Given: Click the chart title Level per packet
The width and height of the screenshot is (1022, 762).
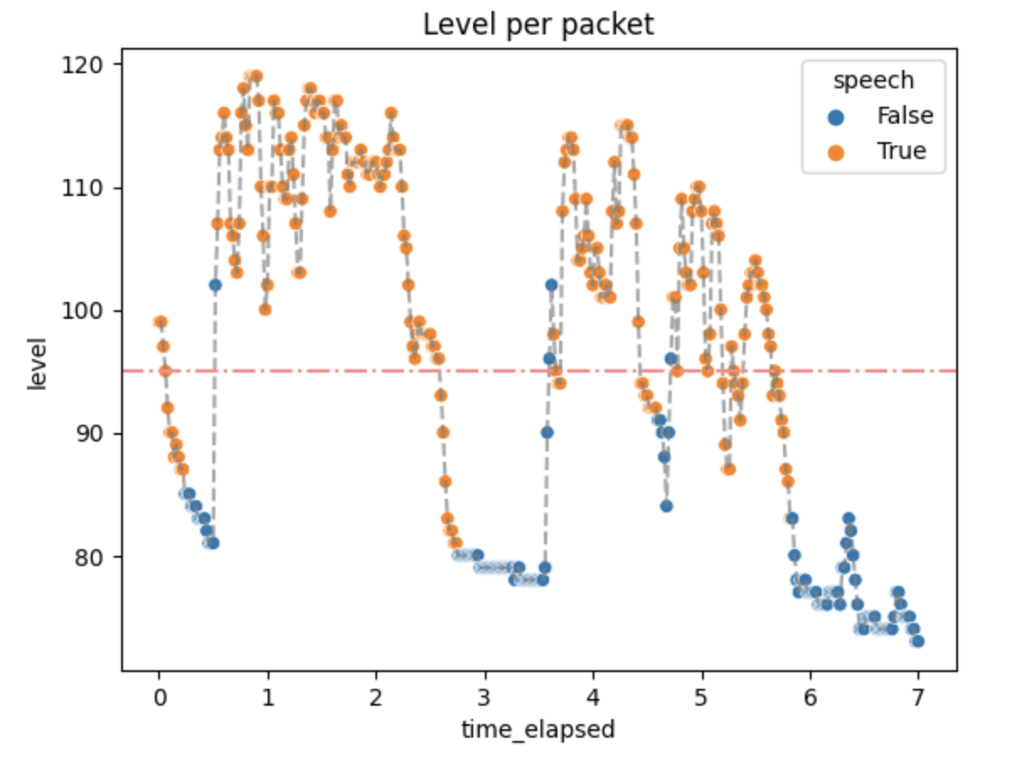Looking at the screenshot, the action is point(538,24).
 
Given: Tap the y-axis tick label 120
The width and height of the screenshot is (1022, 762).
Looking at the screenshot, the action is point(82,65).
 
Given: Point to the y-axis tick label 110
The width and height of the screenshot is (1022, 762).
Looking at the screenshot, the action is point(82,188).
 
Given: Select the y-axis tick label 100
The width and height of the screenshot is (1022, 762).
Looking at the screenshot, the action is point(82,310).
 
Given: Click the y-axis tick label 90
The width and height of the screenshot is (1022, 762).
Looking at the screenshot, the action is point(89,434).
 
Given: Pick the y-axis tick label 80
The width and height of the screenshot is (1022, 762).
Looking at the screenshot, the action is point(89,557).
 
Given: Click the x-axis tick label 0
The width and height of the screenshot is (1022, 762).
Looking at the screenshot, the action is point(160,698).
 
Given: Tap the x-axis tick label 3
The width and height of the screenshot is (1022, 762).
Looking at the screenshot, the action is point(484,698).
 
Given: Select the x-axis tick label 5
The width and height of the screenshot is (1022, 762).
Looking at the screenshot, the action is point(701,698).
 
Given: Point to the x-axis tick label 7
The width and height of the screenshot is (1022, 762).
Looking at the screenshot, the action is point(918,698).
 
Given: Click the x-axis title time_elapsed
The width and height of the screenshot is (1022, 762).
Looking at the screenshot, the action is point(538,730).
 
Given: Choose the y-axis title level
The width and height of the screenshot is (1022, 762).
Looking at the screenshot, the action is point(37,364).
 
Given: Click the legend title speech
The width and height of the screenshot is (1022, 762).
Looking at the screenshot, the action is point(874,81).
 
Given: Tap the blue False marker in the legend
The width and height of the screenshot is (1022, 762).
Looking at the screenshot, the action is point(836,117).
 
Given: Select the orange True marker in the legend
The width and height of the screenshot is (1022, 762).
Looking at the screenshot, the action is point(836,152).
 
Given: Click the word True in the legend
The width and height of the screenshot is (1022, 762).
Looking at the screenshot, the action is point(902,151).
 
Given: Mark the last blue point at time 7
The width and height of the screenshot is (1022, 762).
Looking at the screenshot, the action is point(918,642).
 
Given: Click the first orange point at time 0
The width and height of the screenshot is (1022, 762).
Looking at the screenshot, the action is point(161,322).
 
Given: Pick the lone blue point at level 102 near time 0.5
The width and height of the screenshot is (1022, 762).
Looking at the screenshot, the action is point(215,285).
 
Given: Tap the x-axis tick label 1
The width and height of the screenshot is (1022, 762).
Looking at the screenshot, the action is point(269,698).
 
